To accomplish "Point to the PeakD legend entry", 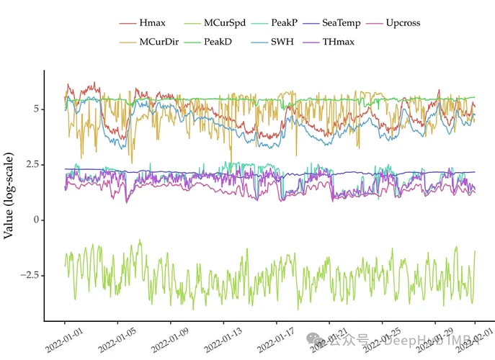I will [218, 42].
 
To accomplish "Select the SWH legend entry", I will [275, 42].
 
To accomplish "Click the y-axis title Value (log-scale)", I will [10, 194].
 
